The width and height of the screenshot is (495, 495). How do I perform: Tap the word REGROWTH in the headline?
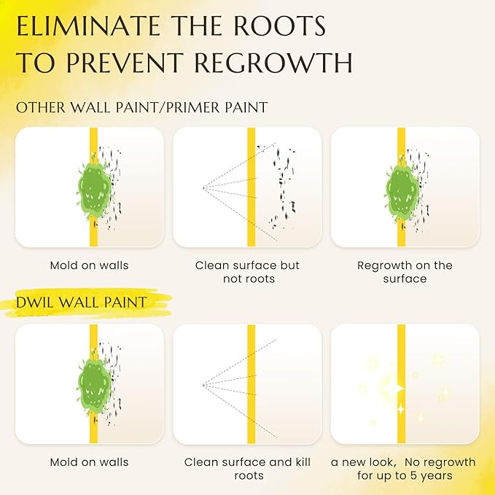(x=273, y=62)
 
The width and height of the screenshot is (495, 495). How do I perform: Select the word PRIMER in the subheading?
(x=193, y=108)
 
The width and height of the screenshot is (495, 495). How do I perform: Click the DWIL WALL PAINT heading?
(x=82, y=303)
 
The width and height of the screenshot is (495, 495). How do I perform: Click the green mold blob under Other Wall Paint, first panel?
(x=94, y=190)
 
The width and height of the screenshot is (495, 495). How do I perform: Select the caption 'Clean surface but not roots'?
(x=248, y=272)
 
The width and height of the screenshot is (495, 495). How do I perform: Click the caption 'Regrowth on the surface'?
(x=405, y=272)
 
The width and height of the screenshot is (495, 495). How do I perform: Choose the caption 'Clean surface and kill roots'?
(x=248, y=469)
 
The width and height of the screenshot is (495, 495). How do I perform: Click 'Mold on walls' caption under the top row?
(x=90, y=265)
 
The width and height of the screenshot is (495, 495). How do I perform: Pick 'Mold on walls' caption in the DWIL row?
(x=90, y=462)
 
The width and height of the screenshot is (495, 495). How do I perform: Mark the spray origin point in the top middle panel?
(x=203, y=188)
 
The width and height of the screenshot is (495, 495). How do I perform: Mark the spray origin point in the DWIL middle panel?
(x=203, y=385)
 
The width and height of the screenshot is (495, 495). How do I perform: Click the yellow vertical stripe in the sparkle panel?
(x=401, y=384)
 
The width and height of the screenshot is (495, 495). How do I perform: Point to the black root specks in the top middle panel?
(x=283, y=186)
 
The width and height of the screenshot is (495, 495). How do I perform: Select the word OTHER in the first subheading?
(x=40, y=108)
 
